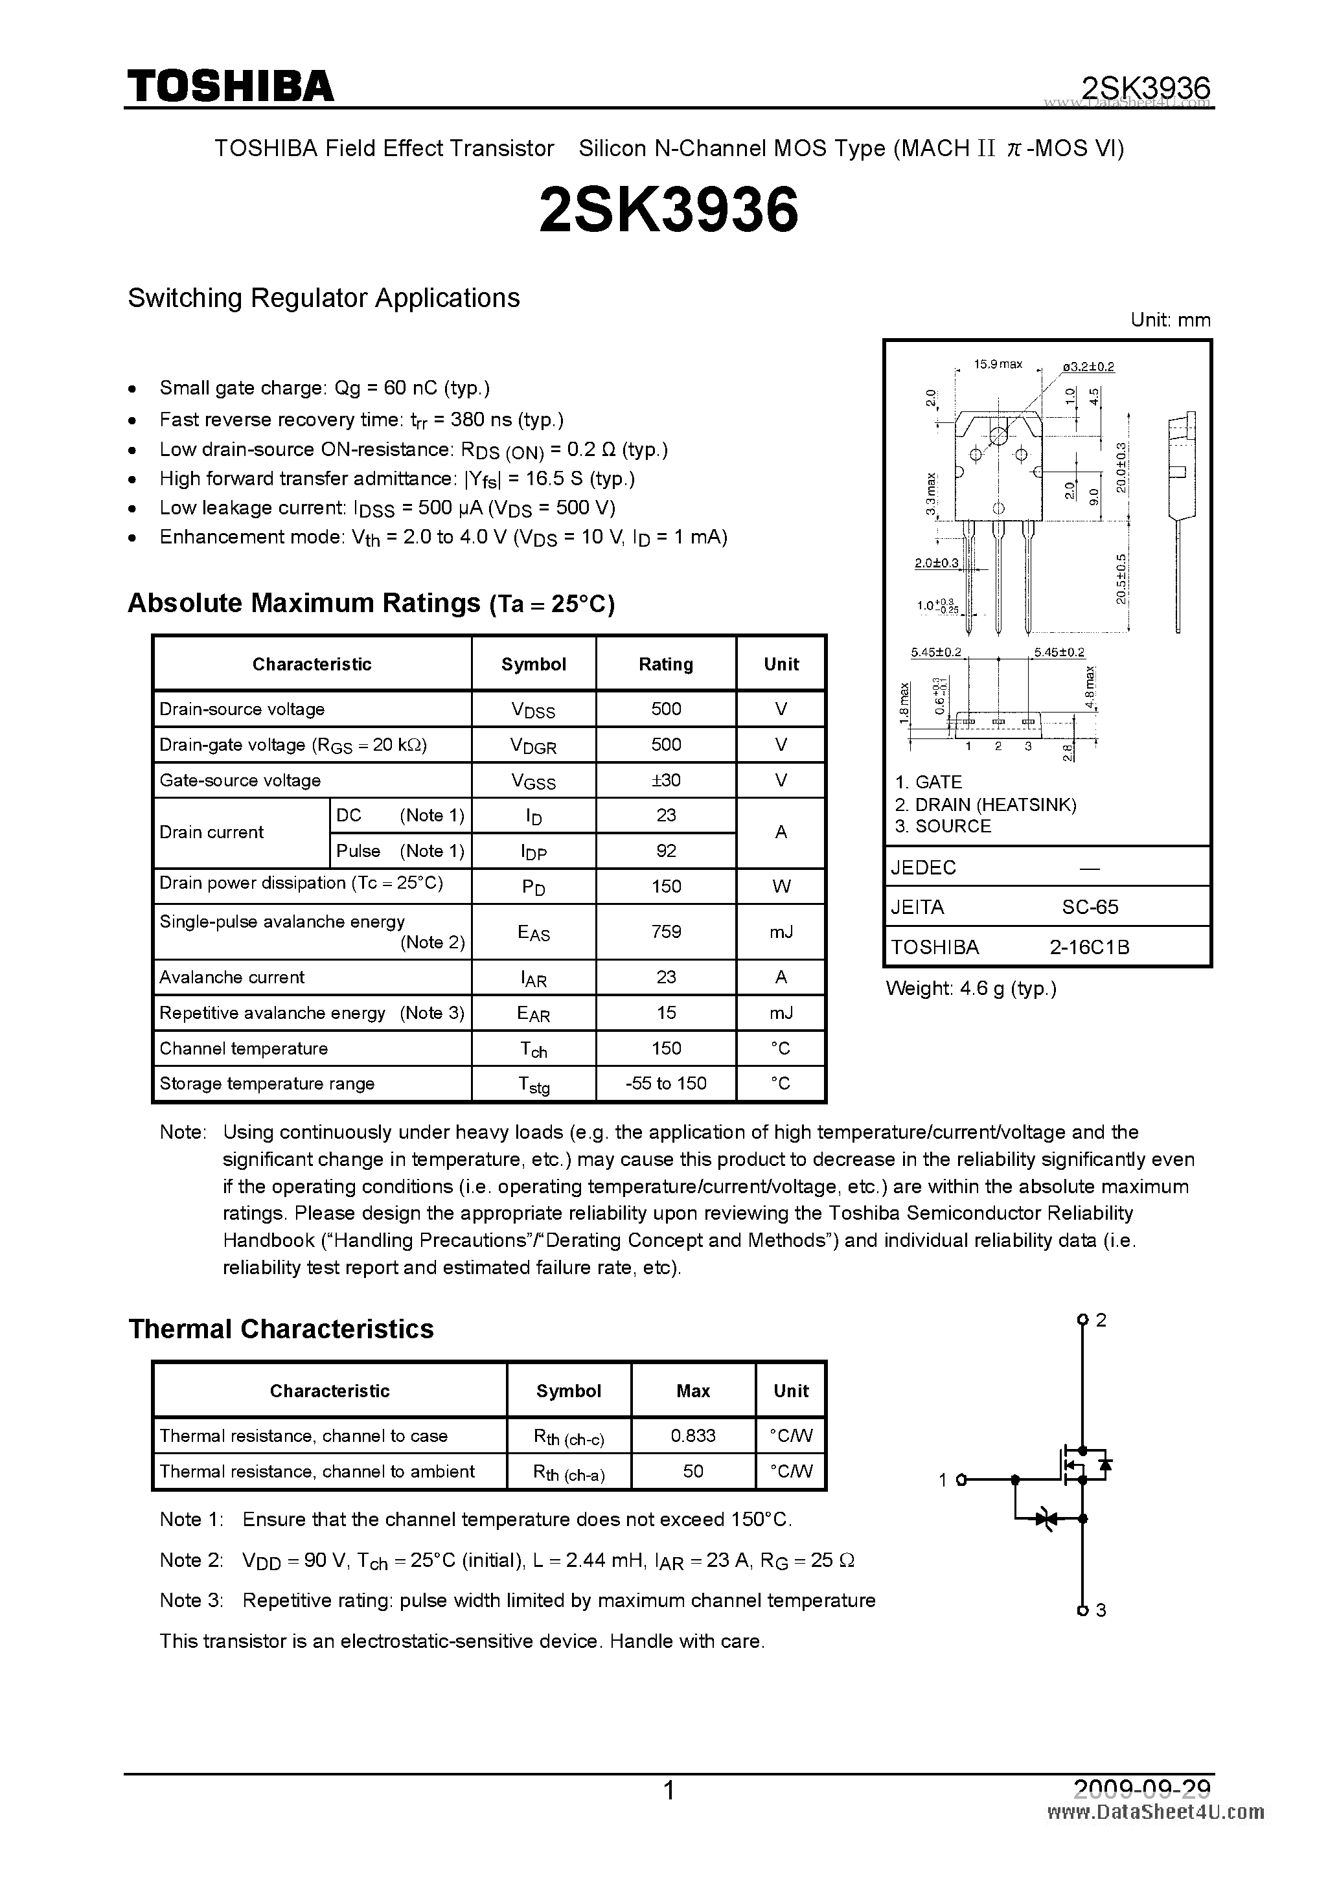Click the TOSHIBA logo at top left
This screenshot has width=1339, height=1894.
pos(230,86)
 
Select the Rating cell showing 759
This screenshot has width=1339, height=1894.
pos(666,931)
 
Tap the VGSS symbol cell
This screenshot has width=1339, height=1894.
pos(533,781)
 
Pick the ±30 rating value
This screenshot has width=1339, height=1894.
pos(666,779)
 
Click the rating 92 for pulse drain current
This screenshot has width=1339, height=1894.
pos(666,850)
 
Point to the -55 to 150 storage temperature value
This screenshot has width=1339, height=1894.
pos(666,1083)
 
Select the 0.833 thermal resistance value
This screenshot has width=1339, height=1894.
pos(693,1435)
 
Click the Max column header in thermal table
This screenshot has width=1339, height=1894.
pos(693,1391)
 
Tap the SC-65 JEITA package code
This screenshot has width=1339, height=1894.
pos(1090,907)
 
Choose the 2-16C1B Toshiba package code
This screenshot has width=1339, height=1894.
pos(1089,947)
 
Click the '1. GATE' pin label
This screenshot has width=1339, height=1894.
pos(928,782)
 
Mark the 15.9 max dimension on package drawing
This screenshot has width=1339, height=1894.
pos(998,364)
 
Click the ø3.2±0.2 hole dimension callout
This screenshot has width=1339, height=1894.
pos(1088,366)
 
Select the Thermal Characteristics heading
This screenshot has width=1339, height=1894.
pos(280,1329)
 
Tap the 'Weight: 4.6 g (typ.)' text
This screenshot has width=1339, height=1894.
pos(970,988)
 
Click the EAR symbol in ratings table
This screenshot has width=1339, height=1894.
pos(533,1014)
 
